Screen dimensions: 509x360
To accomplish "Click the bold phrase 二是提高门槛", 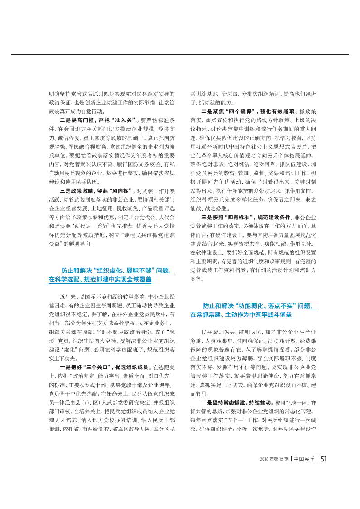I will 78,120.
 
